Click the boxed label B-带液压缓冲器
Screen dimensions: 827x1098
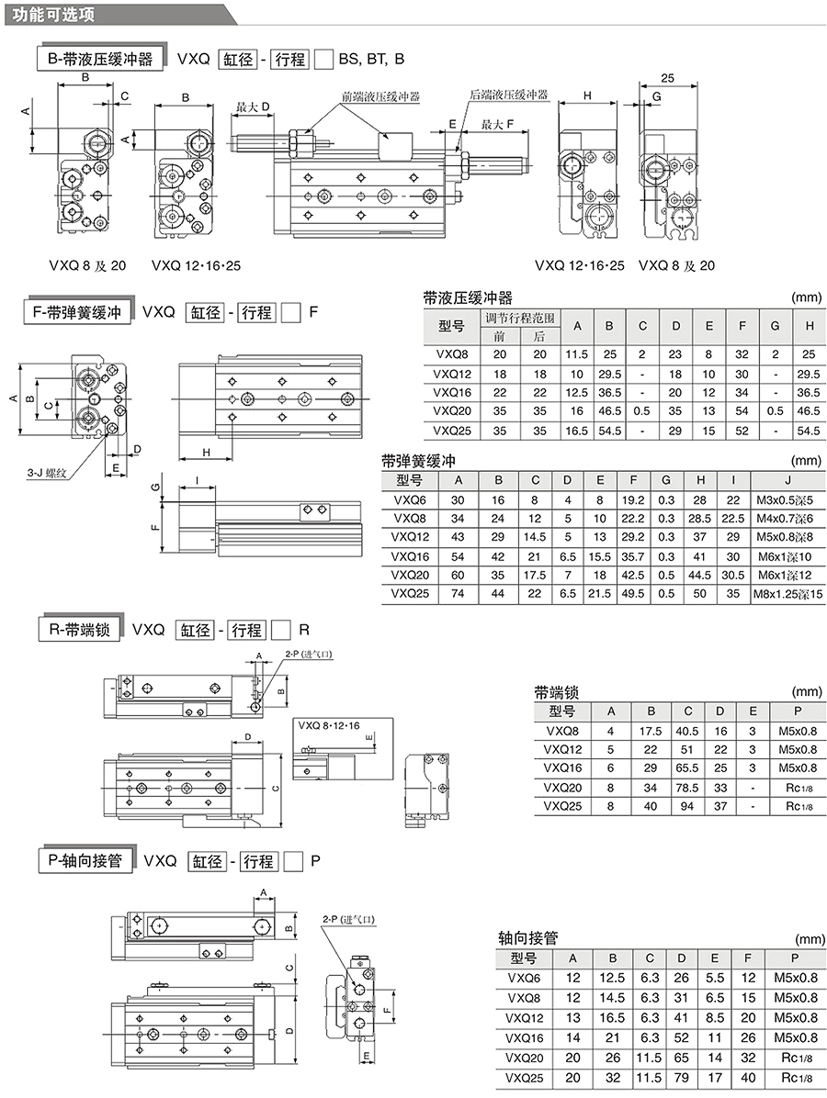[100, 59]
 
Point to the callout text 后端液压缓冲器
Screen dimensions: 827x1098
[509, 95]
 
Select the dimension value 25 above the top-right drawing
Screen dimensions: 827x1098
[667, 78]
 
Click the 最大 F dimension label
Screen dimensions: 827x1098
[498, 125]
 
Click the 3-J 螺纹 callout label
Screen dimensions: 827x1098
[46, 474]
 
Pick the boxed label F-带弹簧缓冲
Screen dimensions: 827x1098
[78, 312]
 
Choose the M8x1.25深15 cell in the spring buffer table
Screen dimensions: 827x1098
[788, 594]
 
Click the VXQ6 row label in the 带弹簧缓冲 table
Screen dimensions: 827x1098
[410, 500]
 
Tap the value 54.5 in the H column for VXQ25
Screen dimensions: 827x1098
[808, 431]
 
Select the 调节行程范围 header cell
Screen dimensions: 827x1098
[519, 318]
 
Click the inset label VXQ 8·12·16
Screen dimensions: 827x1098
[329, 725]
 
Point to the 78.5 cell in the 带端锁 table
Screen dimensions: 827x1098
[686, 788]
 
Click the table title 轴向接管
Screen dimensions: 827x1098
[527, 937]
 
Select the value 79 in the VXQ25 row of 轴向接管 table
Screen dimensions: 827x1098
[681, 1078]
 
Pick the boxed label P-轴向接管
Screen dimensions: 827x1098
[85, 860]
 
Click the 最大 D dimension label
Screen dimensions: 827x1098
[253, 107]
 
